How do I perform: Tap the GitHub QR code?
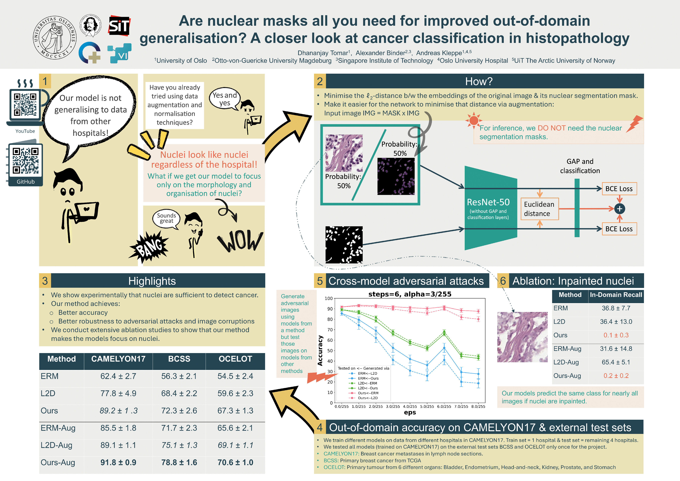(25, 161)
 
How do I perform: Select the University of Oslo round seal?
(55, 38)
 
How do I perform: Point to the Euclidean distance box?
(539, 209)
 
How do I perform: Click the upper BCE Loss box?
(619, 189)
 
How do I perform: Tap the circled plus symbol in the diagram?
(620, 209)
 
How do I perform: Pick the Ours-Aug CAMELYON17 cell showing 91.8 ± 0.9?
(118, 462)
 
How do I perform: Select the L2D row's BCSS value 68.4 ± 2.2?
(179, 393)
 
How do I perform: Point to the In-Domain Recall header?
(616, 295)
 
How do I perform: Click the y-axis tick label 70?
(330, 330)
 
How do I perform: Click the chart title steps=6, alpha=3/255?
(410, 294)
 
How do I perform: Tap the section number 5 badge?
(320, 281)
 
